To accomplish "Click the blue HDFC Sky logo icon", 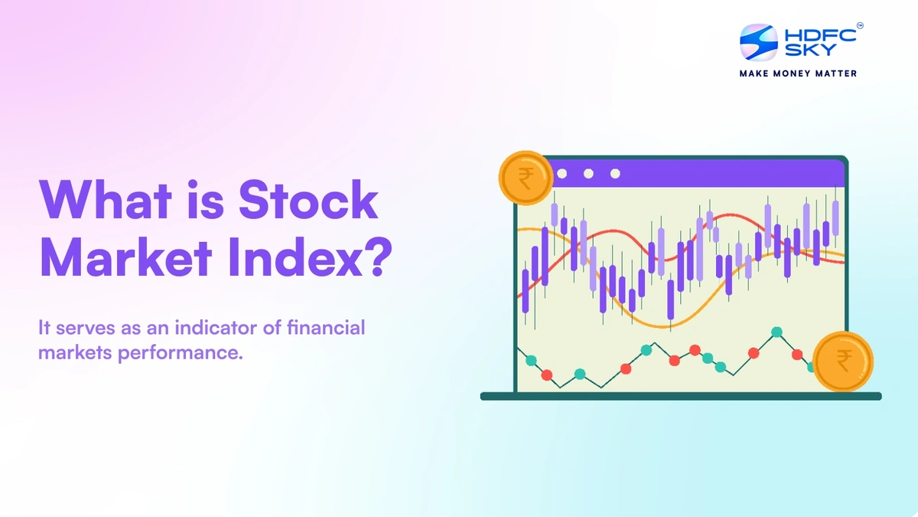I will (758, 42).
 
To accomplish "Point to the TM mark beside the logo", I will (860, 26).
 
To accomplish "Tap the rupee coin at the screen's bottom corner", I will (842, 361).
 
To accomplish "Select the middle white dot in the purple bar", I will (588, 173).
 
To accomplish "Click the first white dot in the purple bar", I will (562, 173).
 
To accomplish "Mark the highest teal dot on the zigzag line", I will (777, 332).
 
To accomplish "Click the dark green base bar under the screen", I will (680, 396).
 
